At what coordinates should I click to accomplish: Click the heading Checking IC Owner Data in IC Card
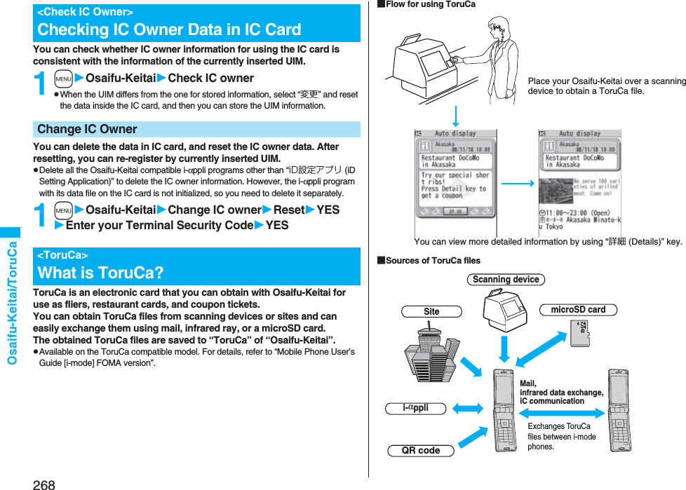[169, 29]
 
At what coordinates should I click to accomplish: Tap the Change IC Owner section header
[87, 129]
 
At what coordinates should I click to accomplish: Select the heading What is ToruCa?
[100, 272]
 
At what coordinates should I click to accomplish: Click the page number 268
[43, 484]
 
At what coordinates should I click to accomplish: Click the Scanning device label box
[506, 280]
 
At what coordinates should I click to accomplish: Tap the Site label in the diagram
[431, 311]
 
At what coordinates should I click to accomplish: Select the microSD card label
[578, 309]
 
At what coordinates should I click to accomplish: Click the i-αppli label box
[416, 408]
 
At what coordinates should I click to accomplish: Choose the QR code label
[421, 451]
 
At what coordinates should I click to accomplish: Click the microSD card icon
[581, 332]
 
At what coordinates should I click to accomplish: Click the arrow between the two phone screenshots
[518, 183]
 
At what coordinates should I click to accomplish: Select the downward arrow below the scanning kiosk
[455, 115]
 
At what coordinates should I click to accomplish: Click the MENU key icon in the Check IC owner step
[63, 79]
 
